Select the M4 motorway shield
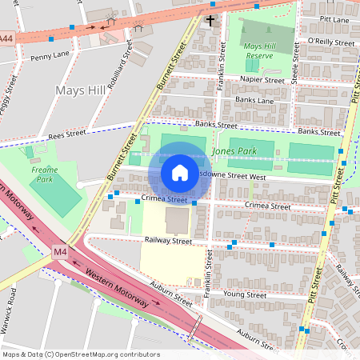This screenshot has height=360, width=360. [x=60, y=252]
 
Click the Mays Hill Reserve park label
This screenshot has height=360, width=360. [x=265, y=52]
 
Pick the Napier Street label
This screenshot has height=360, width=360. [x=262, y=80]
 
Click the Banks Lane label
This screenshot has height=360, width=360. [x=254, y=100]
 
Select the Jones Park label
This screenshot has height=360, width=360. [x=230, y=150]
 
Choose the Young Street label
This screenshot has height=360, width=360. [x=245, y=294]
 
